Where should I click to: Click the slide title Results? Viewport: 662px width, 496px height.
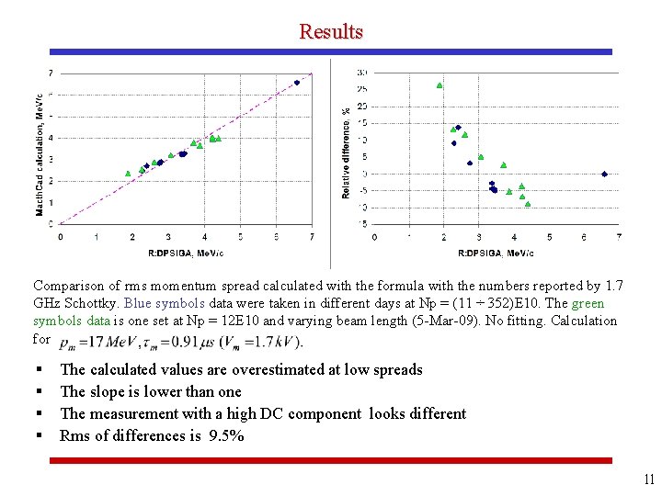[330, 31]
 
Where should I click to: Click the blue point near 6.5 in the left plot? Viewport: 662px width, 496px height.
[297, 83]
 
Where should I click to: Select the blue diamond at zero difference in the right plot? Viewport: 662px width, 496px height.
[604, 174]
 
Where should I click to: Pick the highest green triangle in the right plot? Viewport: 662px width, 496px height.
[439, 85]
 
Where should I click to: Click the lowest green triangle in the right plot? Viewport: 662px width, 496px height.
[528, 204]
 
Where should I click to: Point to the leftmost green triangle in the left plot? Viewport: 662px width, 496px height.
[128, 173]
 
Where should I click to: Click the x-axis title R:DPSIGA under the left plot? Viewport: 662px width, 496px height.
[186, 253]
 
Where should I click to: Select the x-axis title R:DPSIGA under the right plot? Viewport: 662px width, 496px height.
[495, 253]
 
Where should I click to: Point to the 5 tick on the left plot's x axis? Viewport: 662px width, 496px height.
[240, 237]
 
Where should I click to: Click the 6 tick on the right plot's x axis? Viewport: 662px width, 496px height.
[584, 237]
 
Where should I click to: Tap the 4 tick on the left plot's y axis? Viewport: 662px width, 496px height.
[51, 138]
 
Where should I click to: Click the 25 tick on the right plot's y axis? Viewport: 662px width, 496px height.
[362, 89]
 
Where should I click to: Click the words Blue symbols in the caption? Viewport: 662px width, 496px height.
[154, 303]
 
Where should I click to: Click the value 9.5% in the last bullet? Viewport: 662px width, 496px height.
[225, 435]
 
